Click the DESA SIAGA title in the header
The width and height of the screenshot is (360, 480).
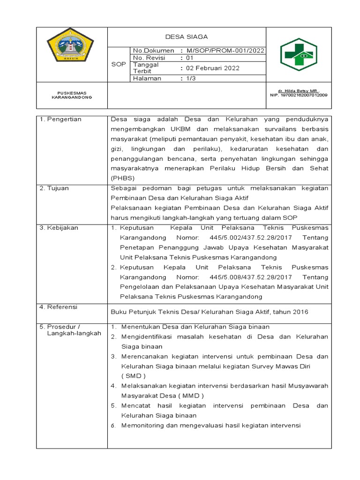click(x=187, y=37)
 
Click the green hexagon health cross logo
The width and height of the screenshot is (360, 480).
click(x=299, y=54)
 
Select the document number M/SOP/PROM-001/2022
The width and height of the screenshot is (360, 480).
click(x=225, y=51)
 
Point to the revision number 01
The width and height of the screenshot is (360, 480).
click(x=190, y=58)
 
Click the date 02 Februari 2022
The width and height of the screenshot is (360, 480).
click(x=213, y=68)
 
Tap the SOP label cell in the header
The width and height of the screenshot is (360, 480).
click(x=119, y=64)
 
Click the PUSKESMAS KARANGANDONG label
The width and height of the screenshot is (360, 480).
click(x=71, y=95)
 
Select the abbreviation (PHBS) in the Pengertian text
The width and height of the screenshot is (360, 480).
click(x=122, y=178)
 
